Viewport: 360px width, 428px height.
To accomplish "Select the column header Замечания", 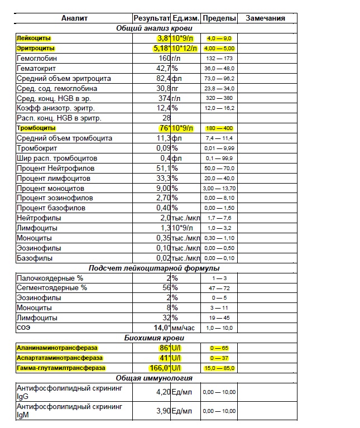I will pos(265,18).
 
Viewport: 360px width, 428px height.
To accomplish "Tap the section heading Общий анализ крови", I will pos(155,28).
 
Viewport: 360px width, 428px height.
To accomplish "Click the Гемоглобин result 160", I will pos(164,58).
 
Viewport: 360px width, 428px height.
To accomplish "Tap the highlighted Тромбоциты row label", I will pos(36,128).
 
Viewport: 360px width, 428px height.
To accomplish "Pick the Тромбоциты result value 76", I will pos(164,128).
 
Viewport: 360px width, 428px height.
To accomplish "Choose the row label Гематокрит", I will pos(35,68).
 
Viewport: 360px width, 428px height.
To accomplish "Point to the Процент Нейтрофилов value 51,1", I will pos(162,168).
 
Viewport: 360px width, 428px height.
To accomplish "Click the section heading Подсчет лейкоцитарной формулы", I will pos(155,267).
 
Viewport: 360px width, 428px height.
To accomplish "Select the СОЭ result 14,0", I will pos(162,328).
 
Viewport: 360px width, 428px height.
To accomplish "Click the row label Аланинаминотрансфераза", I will pos(57,348).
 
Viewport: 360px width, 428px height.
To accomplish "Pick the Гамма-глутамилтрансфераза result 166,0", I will pos(159,368).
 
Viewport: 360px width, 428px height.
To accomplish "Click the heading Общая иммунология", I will pos(155,378).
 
